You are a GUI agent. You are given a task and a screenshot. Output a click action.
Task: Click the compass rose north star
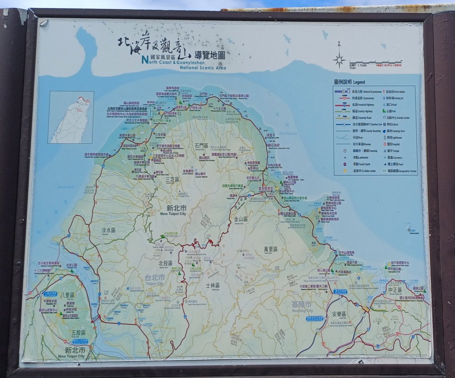click(339, 59)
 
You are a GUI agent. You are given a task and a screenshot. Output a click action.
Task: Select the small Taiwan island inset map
click(71, 117)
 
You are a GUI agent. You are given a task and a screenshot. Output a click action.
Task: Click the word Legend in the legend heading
click(359, 83)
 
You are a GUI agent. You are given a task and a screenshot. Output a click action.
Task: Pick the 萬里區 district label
click(270, 249)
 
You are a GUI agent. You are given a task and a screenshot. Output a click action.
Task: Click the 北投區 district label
click(165, 263)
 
